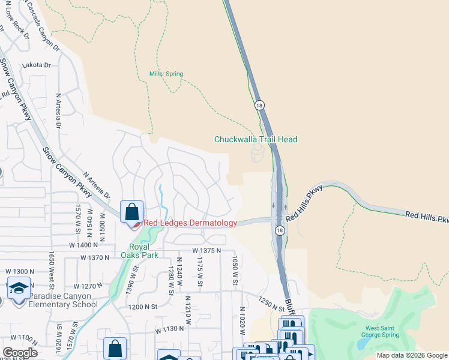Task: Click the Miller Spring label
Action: (x=166, y=74)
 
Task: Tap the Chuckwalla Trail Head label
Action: (x=256, y=139)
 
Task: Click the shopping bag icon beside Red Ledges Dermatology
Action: (x=131, y=212)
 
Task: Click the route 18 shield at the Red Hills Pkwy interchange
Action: (x=280, y=230)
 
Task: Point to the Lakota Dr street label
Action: (x=37, y=65)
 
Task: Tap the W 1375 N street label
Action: (x=206, y=250)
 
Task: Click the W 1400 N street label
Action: (x=83, y=245)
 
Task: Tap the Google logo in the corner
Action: (x=19, y=353)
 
